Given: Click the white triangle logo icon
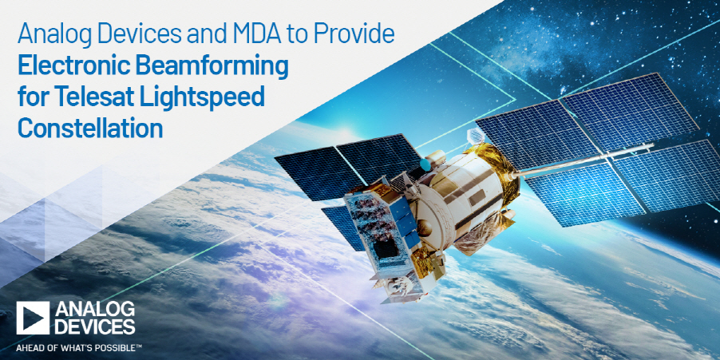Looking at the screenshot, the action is pos(33,318).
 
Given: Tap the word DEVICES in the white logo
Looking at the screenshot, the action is pos(95,326).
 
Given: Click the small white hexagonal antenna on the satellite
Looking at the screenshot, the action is pos(476,136).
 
